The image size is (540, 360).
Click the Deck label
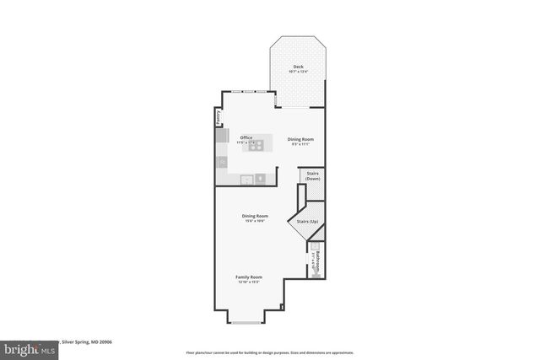(298, 67)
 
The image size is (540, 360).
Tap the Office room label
(246, 137)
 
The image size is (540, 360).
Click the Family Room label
(249, 277)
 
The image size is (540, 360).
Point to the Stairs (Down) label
(312, 176)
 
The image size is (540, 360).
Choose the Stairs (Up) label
(307, 221)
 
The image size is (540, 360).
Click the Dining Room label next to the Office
(300, 138)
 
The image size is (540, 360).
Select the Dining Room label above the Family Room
(254, 216)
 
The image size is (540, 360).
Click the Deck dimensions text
(298, 73)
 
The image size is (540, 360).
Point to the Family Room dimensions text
(249, 282)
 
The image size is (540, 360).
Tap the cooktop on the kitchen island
(256, 144)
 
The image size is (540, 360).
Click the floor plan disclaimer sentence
(269, 352)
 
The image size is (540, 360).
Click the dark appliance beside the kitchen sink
(261, 178)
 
